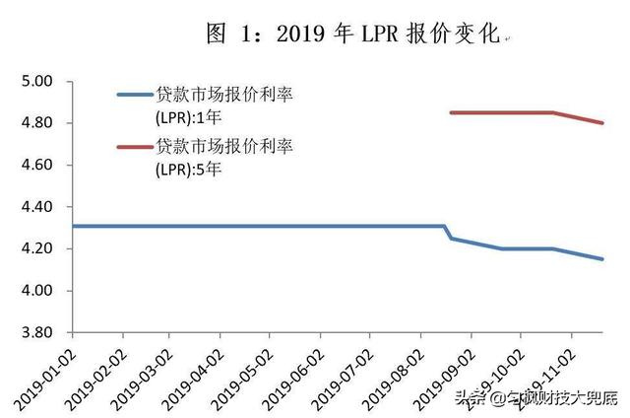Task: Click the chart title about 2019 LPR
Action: pyautogui.click(x=353, y=35)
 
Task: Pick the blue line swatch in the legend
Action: pyautogui.click(x=135, y=95)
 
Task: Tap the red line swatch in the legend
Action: pyautogui.click(x=135, y=148)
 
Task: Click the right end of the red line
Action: pyautogui.click(x=602, y=123)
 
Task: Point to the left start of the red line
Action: pyautogui.click(x=450, y=112)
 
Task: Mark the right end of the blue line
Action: pyautogui.click(x=602, y=259)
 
